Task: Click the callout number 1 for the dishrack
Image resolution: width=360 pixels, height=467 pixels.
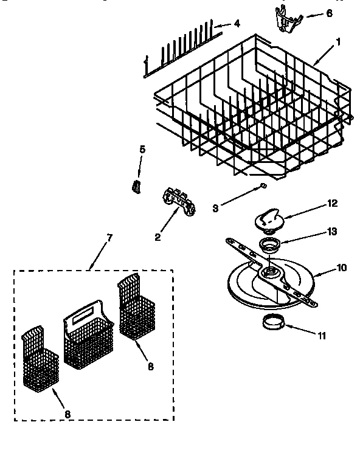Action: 339,42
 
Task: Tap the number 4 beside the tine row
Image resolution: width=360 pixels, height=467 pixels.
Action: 237,24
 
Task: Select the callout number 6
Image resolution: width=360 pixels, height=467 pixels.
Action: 329,13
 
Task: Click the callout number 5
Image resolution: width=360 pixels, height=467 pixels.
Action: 142,149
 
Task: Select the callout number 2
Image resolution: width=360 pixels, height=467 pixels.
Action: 157,237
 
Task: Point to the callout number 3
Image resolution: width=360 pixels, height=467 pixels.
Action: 215,208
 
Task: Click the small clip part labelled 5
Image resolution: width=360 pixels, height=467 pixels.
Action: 137,185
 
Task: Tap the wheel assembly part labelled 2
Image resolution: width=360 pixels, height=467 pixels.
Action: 179,201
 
